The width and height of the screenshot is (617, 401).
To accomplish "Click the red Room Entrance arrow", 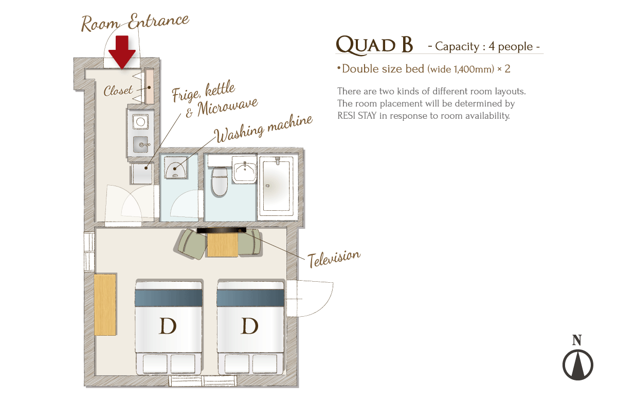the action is [122, 52].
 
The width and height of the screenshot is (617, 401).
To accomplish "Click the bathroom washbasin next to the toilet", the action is [244, 169].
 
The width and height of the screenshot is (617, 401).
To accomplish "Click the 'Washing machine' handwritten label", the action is [264, 129].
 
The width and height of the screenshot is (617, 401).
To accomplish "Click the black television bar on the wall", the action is [222, 230].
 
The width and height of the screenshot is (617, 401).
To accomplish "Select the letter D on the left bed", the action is [168, 326].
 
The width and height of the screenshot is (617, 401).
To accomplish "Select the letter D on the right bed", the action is [250, 326].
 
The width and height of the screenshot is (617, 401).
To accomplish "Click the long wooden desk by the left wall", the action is [105, 304].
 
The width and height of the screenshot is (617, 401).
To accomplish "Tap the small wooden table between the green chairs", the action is [222, 245].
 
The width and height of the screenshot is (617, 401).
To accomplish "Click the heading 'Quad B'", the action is [375, 45].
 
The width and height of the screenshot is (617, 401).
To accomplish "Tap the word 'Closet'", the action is [118, 90].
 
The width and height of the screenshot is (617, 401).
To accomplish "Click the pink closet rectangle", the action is [149, 86].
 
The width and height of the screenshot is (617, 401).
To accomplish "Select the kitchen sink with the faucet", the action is [141, 144].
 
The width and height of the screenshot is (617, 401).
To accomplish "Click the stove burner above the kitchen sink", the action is [140, 121].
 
